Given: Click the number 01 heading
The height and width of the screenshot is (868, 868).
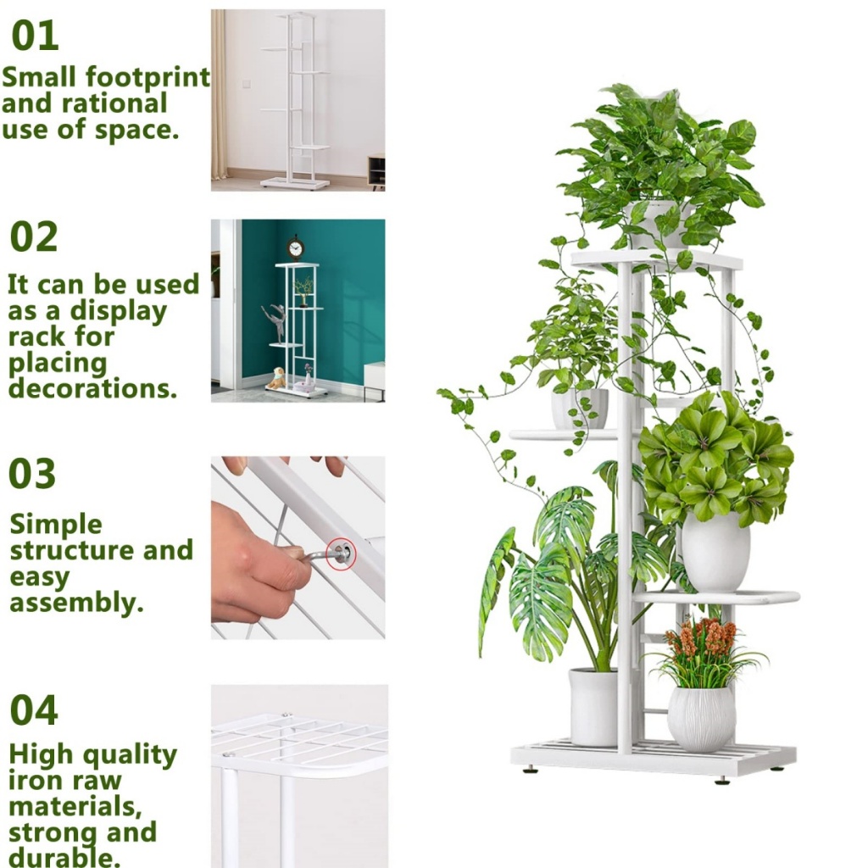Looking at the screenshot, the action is tap(35, 36).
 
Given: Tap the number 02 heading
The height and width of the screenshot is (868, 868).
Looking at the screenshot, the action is tap(34, 236).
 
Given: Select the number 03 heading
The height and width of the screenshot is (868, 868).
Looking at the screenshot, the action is tap(32, 474).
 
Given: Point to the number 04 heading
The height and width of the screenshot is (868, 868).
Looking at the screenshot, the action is tap(34, 710).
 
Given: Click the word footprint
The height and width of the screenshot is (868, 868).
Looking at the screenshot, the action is tap(147, 77).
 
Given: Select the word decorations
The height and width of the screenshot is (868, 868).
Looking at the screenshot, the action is tap(92, 388).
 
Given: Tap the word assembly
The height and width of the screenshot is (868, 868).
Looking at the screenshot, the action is tap(76, 603).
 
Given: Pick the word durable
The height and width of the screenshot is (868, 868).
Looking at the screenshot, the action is tap(64, 858).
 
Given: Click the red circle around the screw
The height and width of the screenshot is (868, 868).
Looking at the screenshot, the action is tap(341, 554).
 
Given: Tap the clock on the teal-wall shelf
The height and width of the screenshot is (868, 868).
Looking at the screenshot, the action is tap(296, 248).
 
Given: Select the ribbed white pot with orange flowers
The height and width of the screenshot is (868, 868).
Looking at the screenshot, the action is tap(701, 719).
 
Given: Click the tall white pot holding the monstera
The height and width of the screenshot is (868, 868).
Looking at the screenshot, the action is tap(593, 706).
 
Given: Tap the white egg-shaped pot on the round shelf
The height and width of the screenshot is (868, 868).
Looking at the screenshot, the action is tap(715, 551).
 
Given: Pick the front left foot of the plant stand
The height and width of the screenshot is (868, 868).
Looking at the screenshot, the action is tap(531, 768).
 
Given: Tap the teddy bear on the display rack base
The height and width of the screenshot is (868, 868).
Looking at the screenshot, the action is tap(276, 377).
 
